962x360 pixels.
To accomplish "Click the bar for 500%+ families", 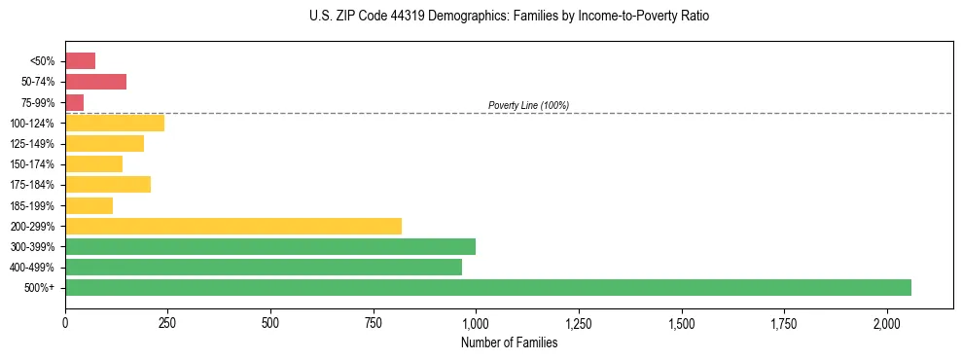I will (487, 287).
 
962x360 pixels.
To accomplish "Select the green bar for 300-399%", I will (270, 246).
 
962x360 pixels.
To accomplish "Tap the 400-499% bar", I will (264, 267).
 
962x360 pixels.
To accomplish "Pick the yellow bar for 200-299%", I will (233, 226).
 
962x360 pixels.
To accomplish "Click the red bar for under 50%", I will (80, 61).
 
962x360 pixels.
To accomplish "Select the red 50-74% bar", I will (95, 82).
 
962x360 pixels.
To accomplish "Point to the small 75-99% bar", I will (74, 102).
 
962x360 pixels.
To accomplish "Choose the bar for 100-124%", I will (115, 123).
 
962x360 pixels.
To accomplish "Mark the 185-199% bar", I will (89, 205).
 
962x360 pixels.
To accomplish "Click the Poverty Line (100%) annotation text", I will (528, 105).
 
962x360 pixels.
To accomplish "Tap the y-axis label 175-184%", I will (34, 185).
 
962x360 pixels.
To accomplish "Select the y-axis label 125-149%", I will (34, 144).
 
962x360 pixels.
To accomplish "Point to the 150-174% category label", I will (34, 164).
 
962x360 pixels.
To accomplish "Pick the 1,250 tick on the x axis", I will (579, 323).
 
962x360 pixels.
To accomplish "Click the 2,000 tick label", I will (887, 323).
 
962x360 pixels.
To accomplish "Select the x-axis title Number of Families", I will (509, 342).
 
